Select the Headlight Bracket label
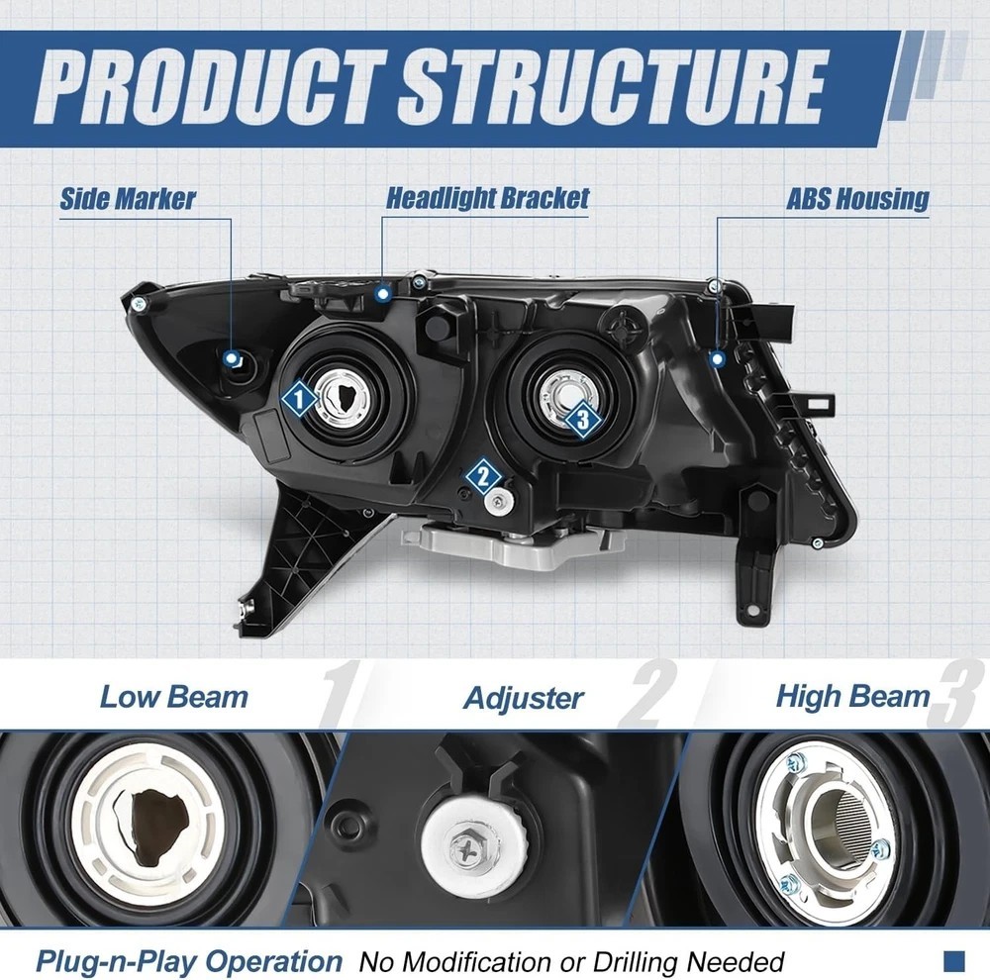tap(487, 197)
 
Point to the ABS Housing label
tap(857, 198)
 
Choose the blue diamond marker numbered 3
tap(583, 420)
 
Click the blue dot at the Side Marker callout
tap(232, 357)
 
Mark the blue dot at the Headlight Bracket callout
tap(383, 292)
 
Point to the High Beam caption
tap(852, 695)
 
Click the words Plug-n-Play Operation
tap(189, 960)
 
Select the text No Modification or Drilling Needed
tap(571, 961)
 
